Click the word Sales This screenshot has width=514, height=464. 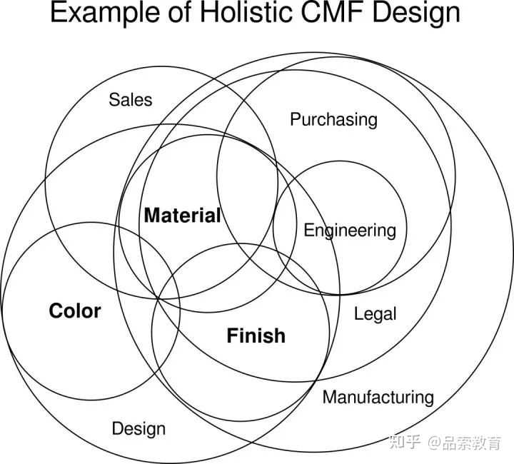pyautogui.click(x=131, y=99)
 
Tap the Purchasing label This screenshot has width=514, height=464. pyautogui.click(x=333, y=119)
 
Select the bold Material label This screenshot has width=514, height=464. pyautogui.click(x=182, y=215)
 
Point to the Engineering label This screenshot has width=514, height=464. pyautogui.click(x=349, y=231)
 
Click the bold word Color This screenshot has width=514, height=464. pyautogui.click(x=75, y=311)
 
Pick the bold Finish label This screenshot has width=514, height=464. pyautogui.click(x=256, y=336)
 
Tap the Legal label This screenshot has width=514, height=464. pyautogui.click(x=375, y=313)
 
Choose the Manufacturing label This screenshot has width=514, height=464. pyautogui.click(x=378, y=397)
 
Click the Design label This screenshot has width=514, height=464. pyautogui.click(x=138, y=428)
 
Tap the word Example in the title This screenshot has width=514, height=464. pyautogui.click(x=98, y=14)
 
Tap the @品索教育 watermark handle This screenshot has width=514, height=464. pyautogui.click(x=465, y=442)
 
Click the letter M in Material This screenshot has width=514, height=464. pyautogui.click(x=152, y=215)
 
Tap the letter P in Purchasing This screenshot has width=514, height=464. pyautogui.click(x=295, y=119)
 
